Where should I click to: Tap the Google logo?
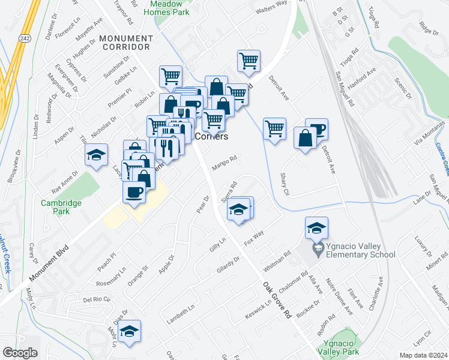coord(20,353)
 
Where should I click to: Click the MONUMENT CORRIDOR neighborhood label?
coord(126,43)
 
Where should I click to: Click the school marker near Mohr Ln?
coord(129,332)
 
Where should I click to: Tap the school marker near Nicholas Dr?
coord(96,155)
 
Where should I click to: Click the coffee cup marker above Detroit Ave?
coord(316,129)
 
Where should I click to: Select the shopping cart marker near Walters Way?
coord(249,61)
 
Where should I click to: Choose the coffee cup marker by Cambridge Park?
coord(134,193)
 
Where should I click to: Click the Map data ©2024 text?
coord(424,355)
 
